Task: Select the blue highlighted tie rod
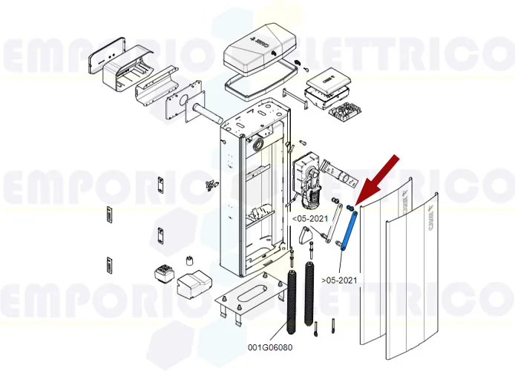(x=347, y=230)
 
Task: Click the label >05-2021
(x=340, y=280)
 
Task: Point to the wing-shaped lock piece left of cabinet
(x=209, y=183)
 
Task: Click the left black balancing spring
(x=290, y=304)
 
